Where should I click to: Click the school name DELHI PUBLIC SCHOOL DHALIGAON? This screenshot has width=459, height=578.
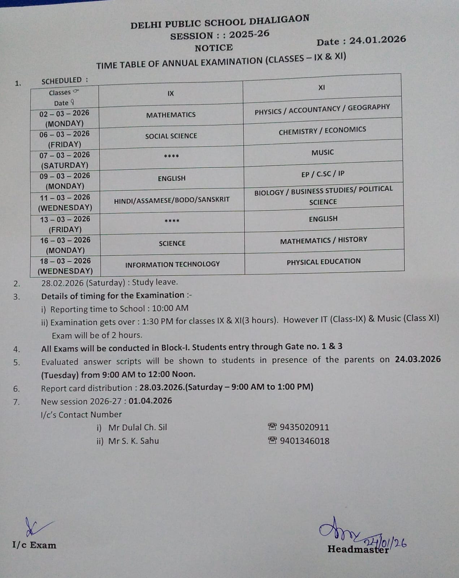[220, 22]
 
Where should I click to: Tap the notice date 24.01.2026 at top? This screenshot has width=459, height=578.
[377, 40]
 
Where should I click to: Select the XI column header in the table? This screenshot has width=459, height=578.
[321, 87]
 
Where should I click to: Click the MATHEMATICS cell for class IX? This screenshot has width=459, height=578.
[171, 115]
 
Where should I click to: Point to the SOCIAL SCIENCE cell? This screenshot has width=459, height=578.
[171, 136]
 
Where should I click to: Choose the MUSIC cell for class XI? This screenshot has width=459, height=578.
[322, 152]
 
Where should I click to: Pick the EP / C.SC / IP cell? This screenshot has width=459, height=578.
[323, 174]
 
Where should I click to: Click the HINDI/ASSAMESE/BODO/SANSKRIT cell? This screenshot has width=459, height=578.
[172, 200]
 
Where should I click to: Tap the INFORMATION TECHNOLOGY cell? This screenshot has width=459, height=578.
[172, 264]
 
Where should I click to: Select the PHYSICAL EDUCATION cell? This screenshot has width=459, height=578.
[324, 262]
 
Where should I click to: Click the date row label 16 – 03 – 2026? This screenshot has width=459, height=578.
[65, 240]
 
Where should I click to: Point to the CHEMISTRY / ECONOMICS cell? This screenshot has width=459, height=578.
[322, 131]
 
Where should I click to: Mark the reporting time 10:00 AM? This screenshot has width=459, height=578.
[170, 309]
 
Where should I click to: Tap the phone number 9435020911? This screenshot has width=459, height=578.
[304, 427]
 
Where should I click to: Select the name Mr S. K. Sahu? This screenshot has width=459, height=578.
[133, 441]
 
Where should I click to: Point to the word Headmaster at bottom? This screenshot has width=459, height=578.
[358, 549]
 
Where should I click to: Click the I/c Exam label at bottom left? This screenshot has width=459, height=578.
[34, 545]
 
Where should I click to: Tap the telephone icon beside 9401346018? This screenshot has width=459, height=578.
[272, 440]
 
